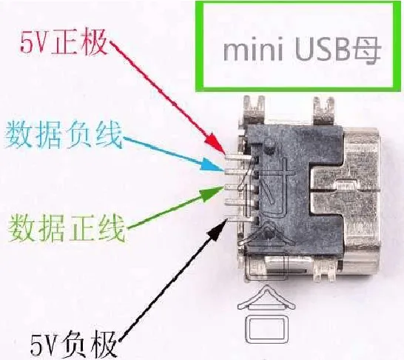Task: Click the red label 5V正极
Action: (x=64, y=42)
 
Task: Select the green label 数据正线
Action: (x=67, y=227)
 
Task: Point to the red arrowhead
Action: (x=216, y=144)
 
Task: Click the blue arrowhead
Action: (x=212, y=165)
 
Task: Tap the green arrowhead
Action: (x=211, y=193)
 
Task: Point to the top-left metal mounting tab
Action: (x=255, y=109)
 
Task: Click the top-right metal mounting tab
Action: (x=323, y=110)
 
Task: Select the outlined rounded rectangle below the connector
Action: (x=265, y=329)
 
